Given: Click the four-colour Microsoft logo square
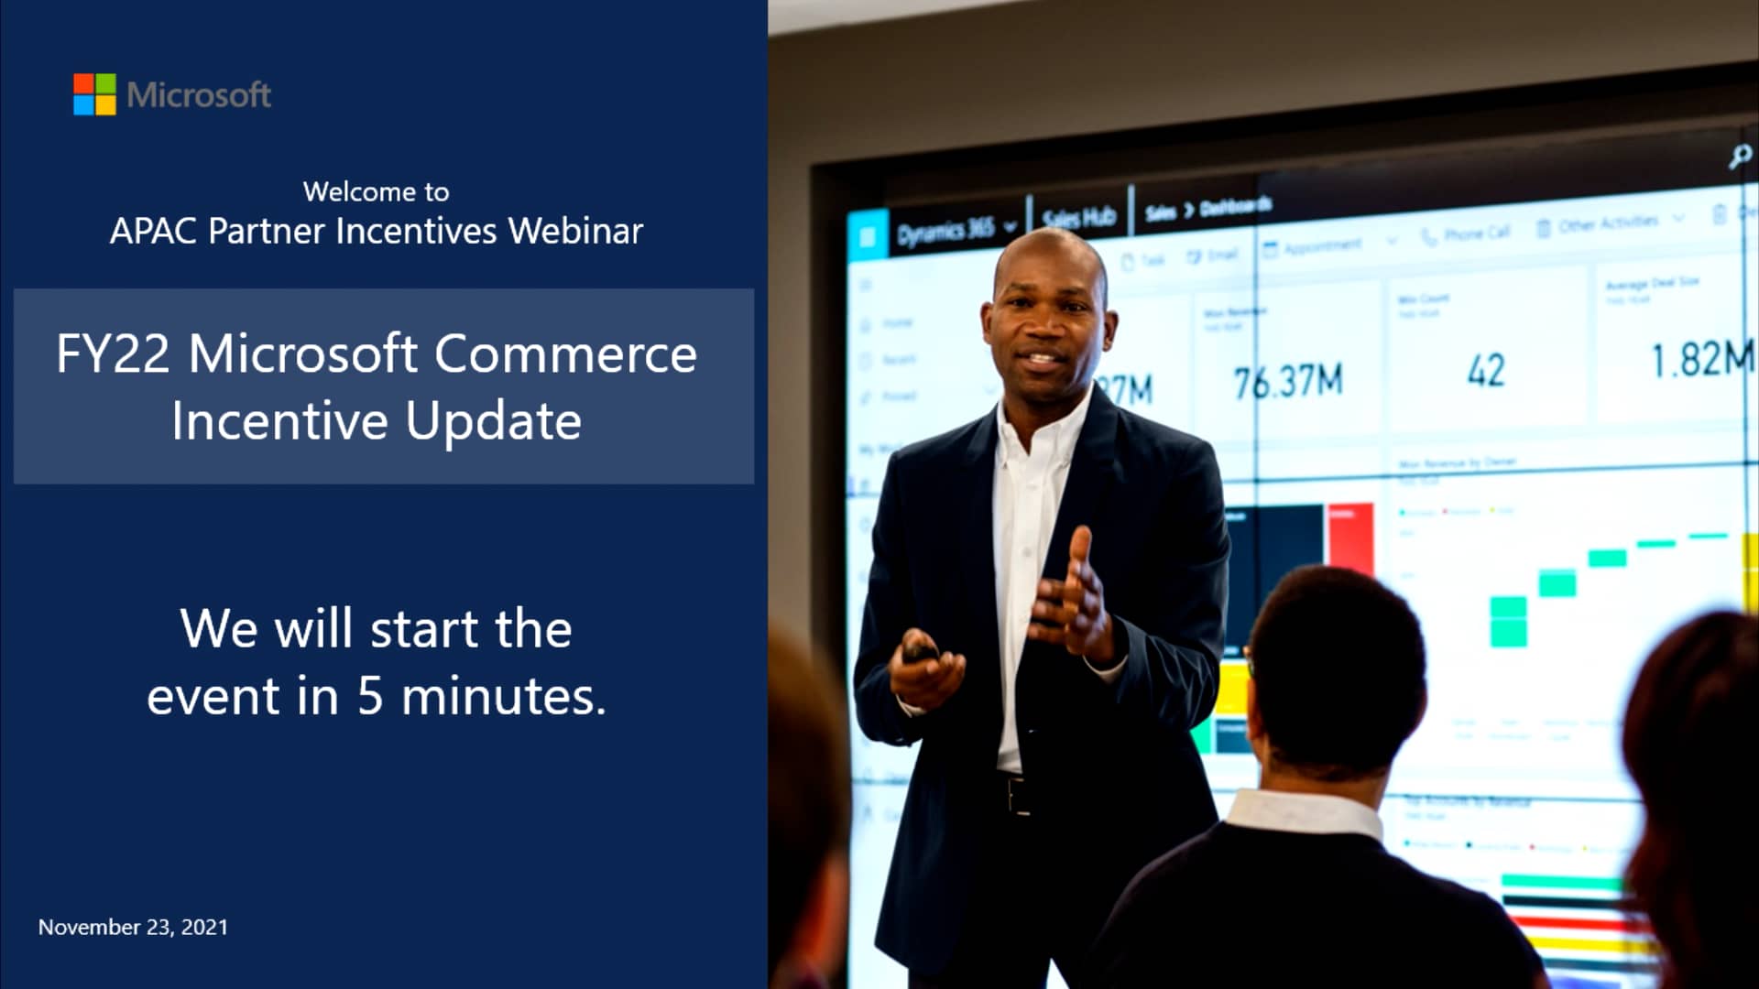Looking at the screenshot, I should pos(94,94).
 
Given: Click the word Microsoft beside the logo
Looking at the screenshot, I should pos(199,95).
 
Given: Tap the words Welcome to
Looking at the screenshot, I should pos(376,191).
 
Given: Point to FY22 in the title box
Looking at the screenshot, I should pos(113,353).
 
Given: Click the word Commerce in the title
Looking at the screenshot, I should pos(565,353).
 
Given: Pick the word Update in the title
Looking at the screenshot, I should pos(493,421).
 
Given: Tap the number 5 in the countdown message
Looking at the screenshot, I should pos(369,696).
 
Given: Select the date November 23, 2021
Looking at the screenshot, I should pos(133,927).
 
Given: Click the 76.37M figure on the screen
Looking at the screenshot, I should pos(1287,381).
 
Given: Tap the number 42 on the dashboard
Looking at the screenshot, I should pos(1485,371).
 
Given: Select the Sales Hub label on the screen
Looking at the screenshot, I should pos(1078,217).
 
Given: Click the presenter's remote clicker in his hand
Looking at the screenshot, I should pos(919,652).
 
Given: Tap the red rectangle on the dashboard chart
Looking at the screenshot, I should pos(1349,538).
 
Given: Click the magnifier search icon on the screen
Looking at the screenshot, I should pos(1740,157).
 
